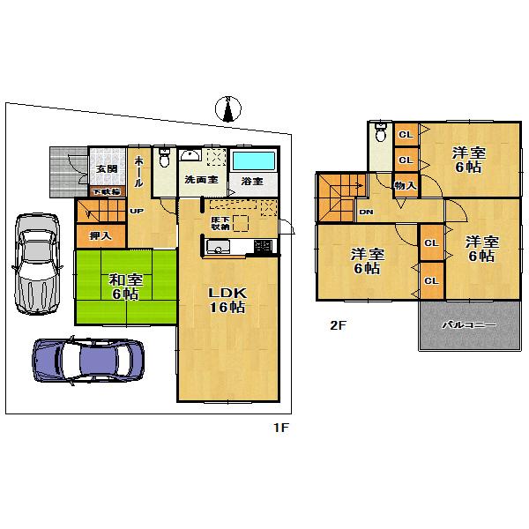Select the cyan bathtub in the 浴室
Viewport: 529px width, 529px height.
tap(254, 162)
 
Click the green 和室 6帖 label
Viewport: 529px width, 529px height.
tap(124, 287)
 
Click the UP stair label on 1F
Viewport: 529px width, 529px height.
tap(138, 212)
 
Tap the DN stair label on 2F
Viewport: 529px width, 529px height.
tap(366, 212)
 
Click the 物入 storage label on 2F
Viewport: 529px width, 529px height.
tap(405, 185)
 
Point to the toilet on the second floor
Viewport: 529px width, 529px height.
tap(380, 135)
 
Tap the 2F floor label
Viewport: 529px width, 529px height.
tap(337, 324)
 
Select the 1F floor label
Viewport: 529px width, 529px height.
tap(280, 427)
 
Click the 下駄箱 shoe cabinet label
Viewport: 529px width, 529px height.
tap(108, 190)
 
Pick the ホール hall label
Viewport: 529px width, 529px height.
tap(138, 168)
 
